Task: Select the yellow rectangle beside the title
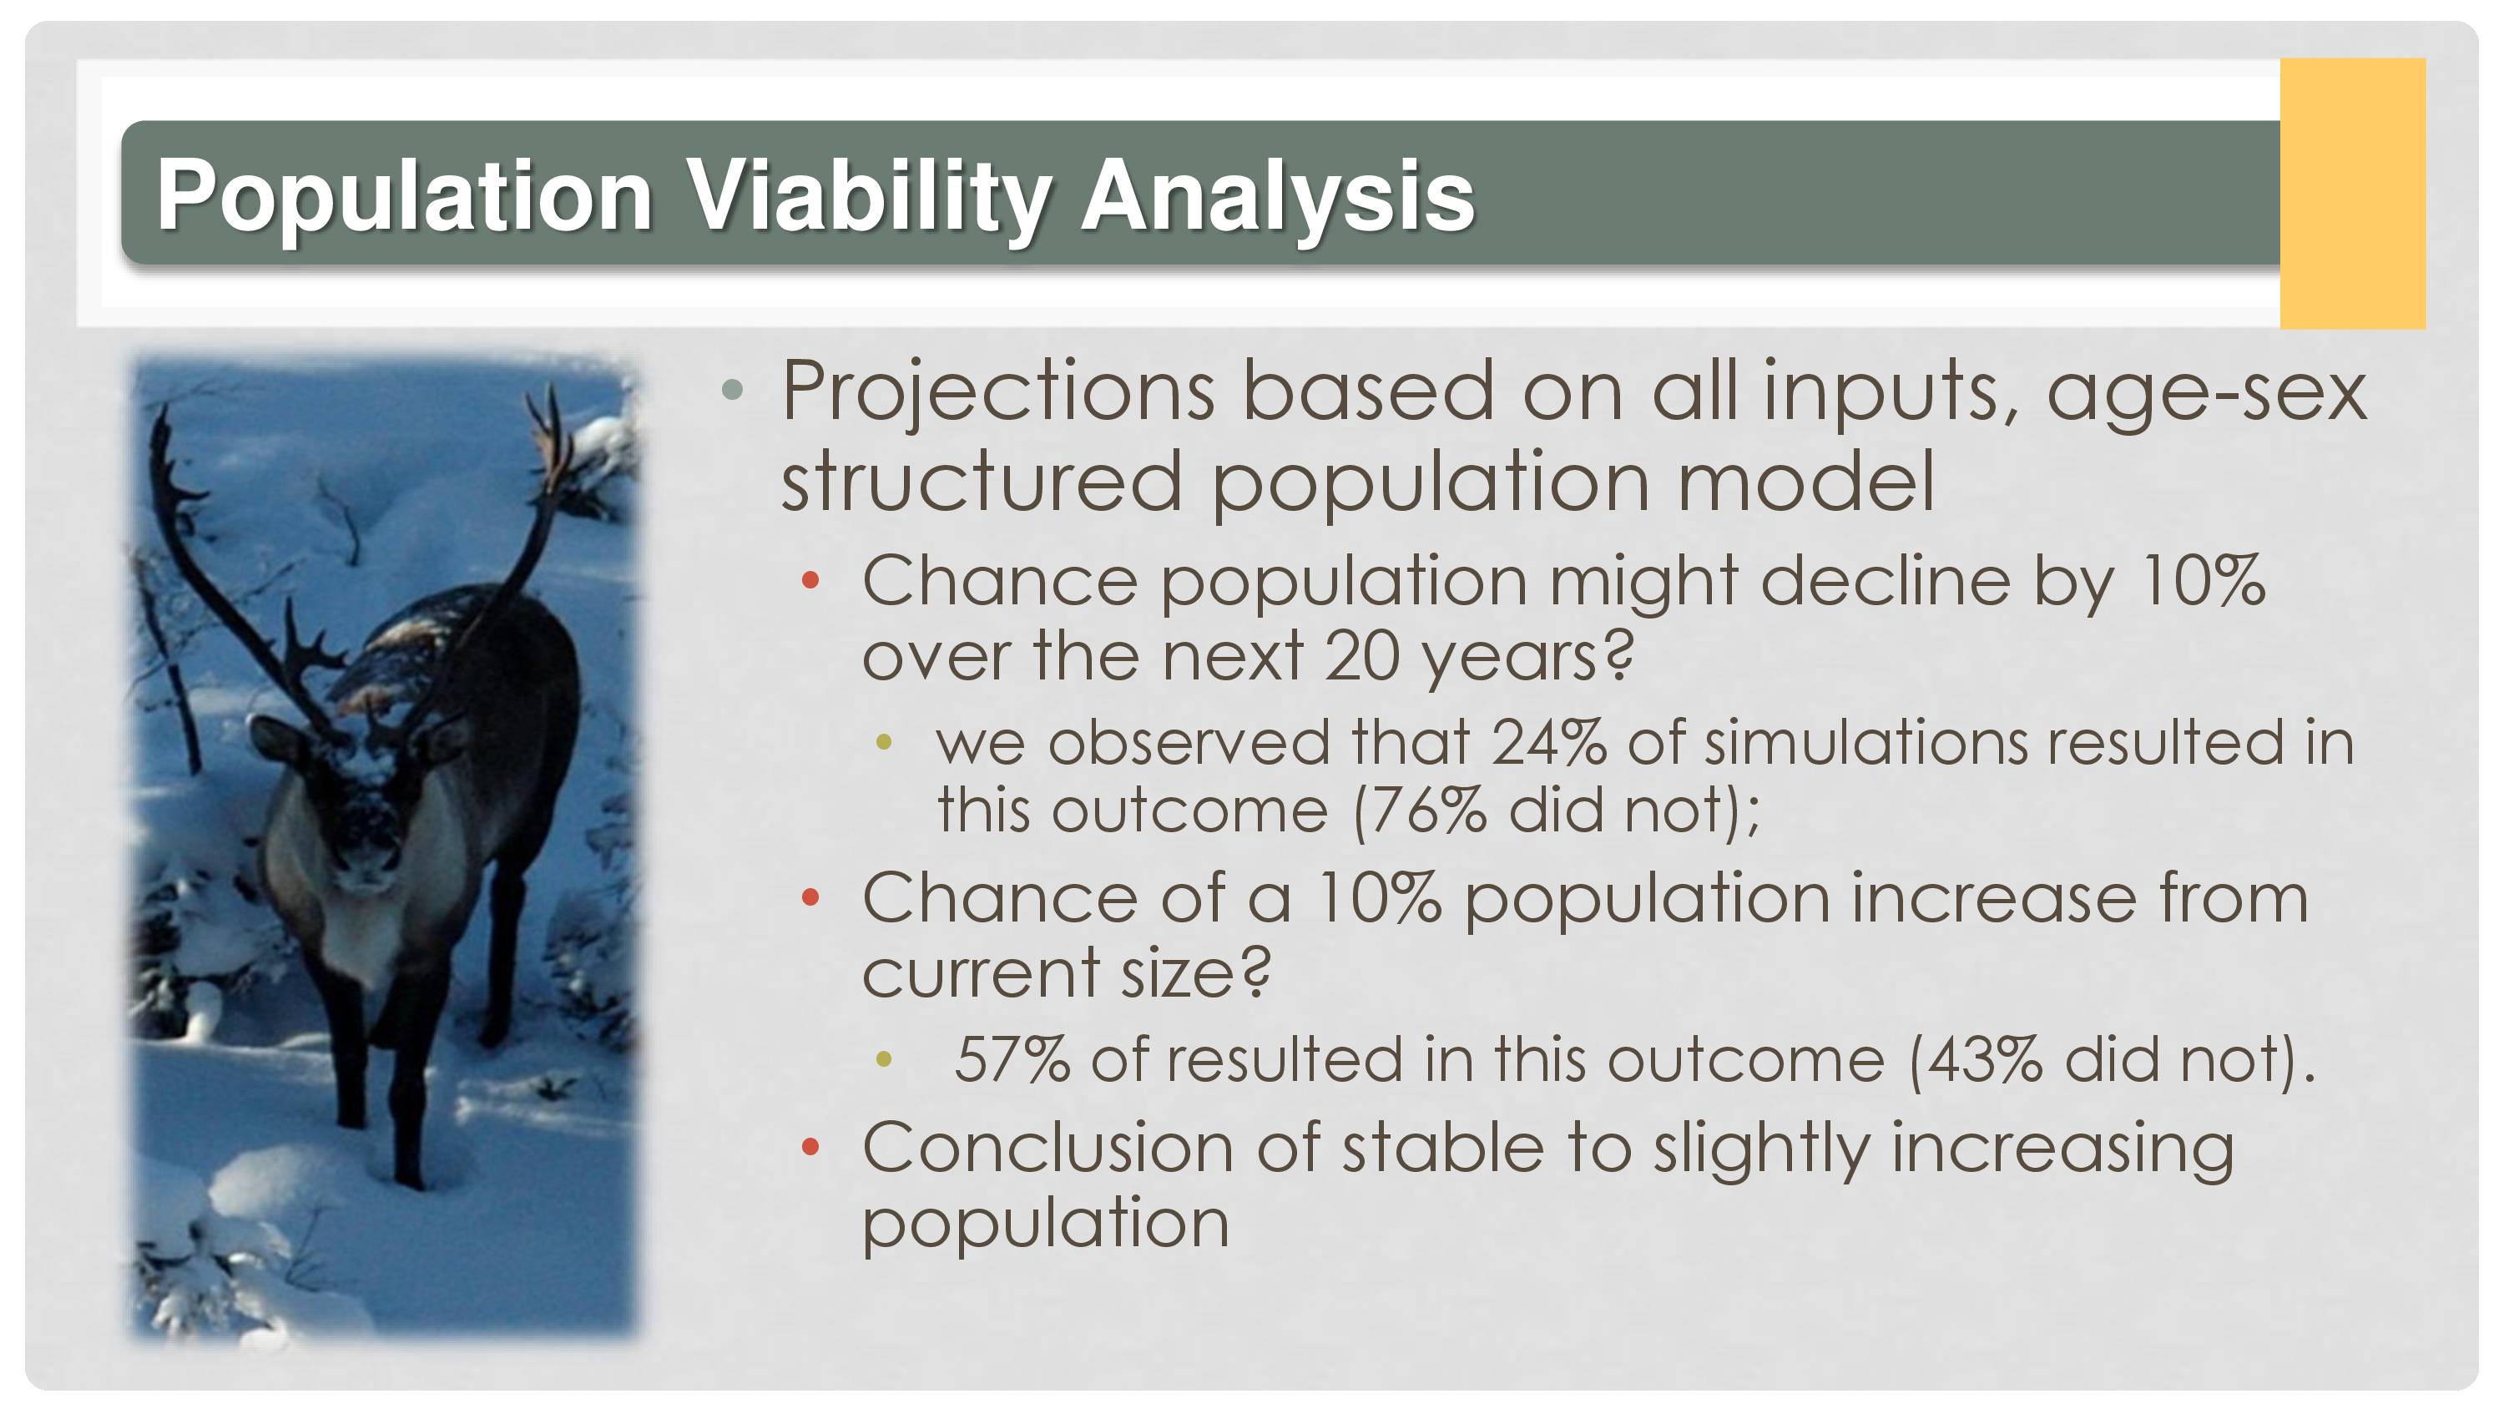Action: coord(2352,193)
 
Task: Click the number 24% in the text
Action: coord(1548,743)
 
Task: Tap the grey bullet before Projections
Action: coord(733,391)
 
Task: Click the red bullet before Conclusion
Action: coord(810,1149)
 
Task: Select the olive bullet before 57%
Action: coord(884,1060)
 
